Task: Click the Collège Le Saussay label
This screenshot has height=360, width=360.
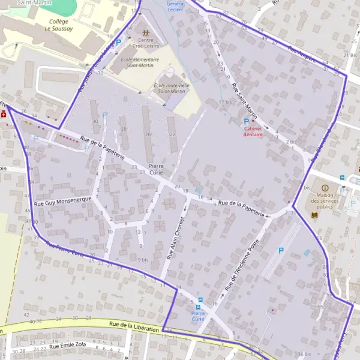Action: [x=58, y=24]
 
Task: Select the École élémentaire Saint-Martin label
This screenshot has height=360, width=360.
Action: [x=140, y=62]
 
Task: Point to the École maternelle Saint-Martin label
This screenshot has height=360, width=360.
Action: [x=172, y=88]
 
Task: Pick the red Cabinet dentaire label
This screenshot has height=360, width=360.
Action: [x=253, y=131]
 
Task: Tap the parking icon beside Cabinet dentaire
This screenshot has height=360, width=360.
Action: [x=246, y=121]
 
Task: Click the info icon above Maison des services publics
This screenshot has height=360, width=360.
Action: [x=325, y=188]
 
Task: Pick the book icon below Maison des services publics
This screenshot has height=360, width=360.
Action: [x=314, y=214]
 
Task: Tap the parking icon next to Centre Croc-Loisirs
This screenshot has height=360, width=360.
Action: [x=118, y=42]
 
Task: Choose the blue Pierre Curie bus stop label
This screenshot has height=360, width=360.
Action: [x=198, y=316]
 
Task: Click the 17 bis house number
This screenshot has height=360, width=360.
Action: [x=225, y=102]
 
